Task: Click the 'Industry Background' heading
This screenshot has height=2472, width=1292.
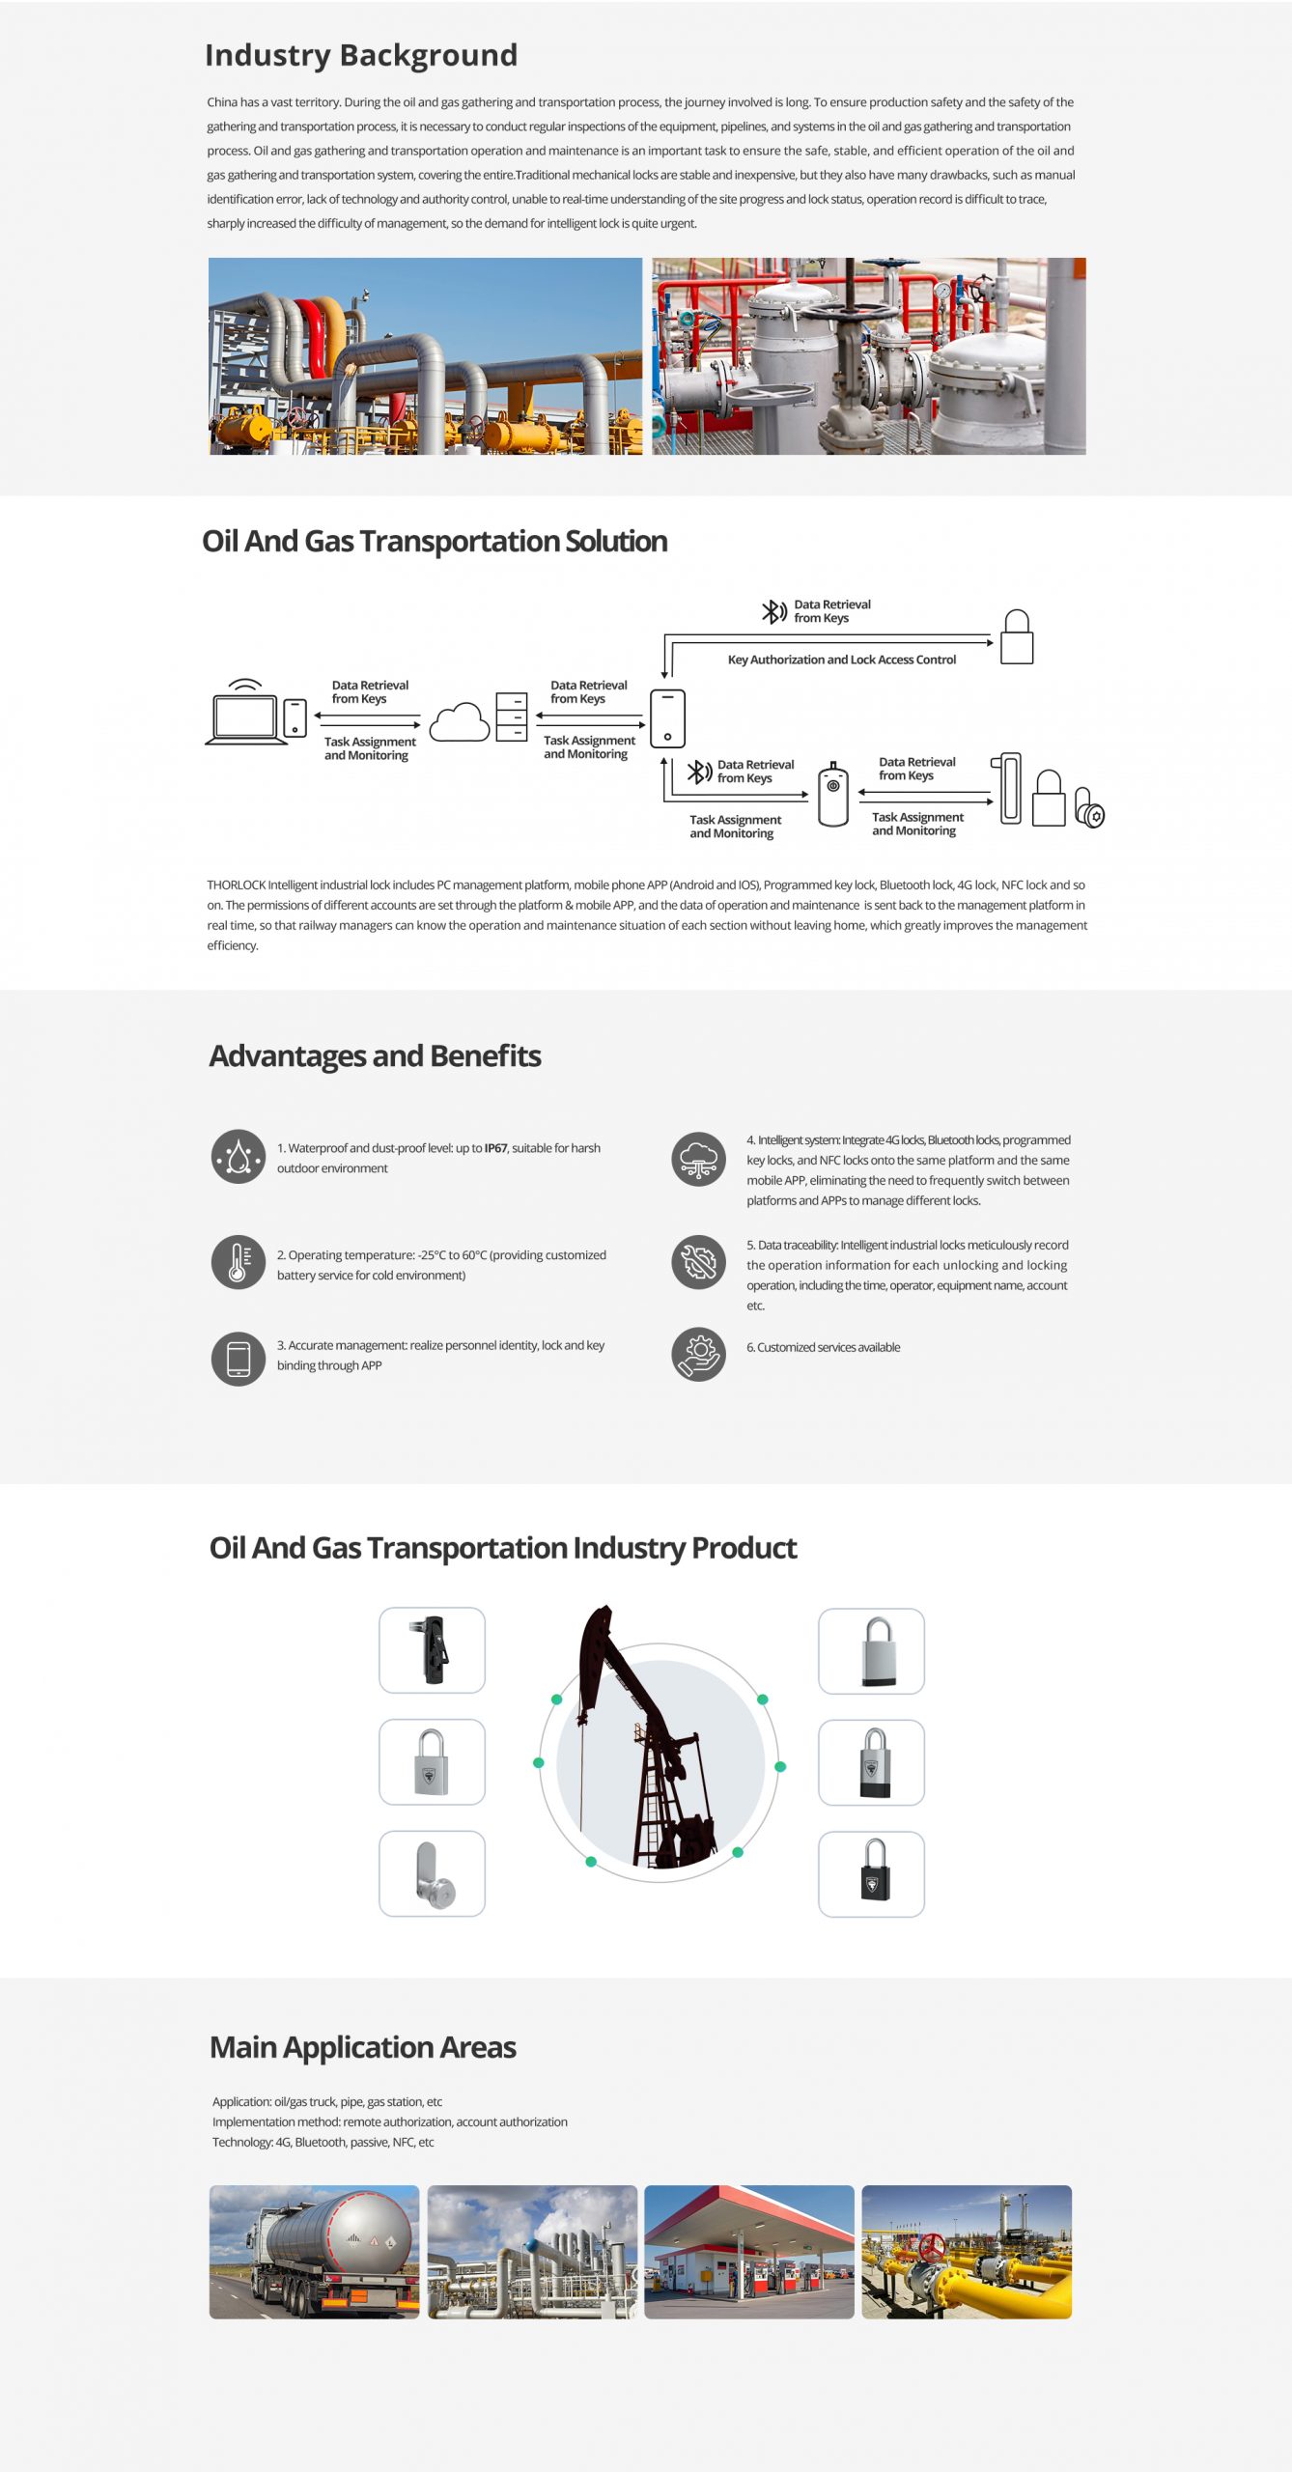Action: coord(361,55)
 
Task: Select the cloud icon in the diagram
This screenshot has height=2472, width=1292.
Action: coord(460,722)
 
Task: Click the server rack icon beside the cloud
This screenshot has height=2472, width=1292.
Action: coord(512,716)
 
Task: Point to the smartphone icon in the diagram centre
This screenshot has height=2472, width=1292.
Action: coord(667,718)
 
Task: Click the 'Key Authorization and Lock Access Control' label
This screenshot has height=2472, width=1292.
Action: coord(842,660)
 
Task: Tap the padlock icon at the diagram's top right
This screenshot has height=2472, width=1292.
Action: coord(1017,636)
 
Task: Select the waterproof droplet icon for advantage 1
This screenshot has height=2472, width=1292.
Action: coord(239,1157)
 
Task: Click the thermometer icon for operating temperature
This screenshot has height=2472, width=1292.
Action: coord(239,1262)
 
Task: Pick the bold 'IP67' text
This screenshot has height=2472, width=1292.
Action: coord(495,1148)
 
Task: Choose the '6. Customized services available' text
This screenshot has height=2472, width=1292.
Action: coord(823,1347)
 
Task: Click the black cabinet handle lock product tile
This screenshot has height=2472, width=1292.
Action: coord(432,1650)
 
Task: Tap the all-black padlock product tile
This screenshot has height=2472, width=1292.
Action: coord(871,1873)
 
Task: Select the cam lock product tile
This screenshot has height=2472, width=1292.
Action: coord(432,1873)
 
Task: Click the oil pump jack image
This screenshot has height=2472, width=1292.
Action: coord(648,1738)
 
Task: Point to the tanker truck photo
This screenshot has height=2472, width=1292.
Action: coord(315,2252)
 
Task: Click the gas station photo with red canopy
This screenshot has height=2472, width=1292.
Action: coord(749,2252)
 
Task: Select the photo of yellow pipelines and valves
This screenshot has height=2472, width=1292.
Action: coord(967,2252)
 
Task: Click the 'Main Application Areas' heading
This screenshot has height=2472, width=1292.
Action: coord(363,2047)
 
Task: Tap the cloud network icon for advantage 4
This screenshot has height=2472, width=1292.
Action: coord(699,1160)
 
